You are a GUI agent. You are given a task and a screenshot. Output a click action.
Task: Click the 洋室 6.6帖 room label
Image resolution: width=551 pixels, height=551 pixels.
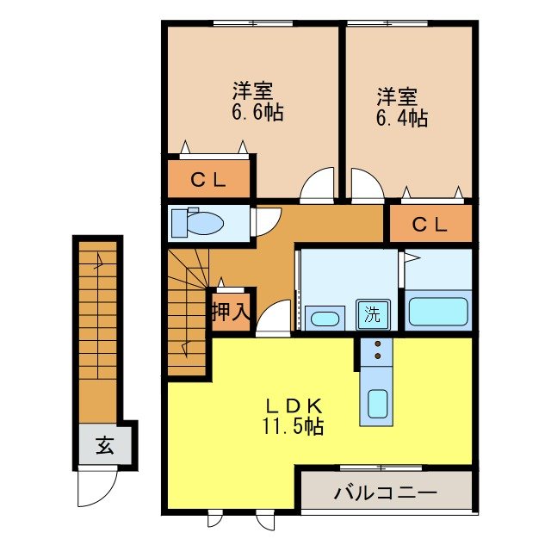point(257,102)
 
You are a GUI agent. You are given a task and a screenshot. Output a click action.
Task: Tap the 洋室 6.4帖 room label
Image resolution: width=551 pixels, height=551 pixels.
point(402,107)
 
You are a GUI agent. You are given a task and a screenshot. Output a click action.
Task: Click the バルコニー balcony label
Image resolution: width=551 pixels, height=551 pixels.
point(385,492)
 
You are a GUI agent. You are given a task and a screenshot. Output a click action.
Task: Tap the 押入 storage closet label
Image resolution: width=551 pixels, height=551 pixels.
point(231,312)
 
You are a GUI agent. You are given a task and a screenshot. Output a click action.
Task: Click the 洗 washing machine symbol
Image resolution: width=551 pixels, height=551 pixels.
point(373,314)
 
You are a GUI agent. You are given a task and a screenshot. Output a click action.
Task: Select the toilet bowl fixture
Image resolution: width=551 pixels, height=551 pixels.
point(197,224)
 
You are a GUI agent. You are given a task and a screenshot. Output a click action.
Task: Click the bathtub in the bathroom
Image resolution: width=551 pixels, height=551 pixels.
point(438,311)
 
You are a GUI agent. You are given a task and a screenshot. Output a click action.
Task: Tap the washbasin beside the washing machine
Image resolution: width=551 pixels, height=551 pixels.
point(325,319)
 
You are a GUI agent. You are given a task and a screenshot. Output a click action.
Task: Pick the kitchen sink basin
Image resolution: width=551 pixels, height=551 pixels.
point(377,404)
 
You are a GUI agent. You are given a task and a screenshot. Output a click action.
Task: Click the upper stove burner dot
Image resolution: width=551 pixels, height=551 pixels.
point(378,344)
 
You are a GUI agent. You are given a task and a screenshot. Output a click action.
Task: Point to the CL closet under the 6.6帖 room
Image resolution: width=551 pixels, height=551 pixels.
point(208,179)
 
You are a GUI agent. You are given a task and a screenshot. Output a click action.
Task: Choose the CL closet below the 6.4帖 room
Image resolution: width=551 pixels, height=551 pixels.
point(430,224)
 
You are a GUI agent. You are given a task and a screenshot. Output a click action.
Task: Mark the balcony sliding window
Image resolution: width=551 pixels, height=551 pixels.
point(381,467)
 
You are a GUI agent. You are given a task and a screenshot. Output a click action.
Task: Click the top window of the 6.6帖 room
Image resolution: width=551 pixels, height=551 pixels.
point(253,23)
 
